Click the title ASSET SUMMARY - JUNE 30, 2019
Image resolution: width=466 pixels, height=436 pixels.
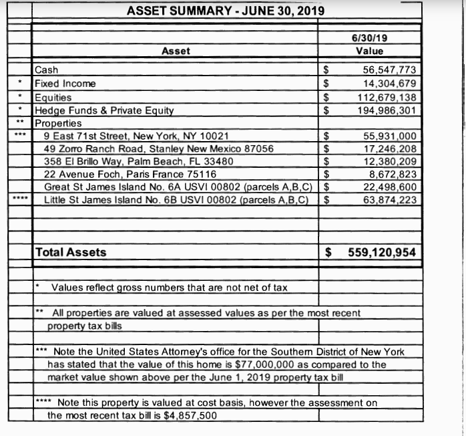pyautogui.click(x=226, y=11)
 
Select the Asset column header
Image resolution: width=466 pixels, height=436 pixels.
pyautogui.click(x=176, y=51)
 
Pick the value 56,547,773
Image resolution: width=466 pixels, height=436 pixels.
pyautogui.click(x=390, y=70)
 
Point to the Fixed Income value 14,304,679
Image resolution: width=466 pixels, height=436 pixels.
pyautogui.click(x=390, y=84)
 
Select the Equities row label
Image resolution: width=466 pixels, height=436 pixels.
pyautogui.click(x=53, y=97)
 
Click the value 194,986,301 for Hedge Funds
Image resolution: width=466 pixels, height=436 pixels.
pyautogui.click(x=387, y=110)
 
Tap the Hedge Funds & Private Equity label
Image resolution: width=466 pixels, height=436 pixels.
pyautogui.click(x=104, y=110)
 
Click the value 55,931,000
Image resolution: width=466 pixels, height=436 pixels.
pyautogui.click(x=390, y=136)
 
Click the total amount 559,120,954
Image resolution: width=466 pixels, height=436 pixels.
pyautogui.click(x=383, y=252)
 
